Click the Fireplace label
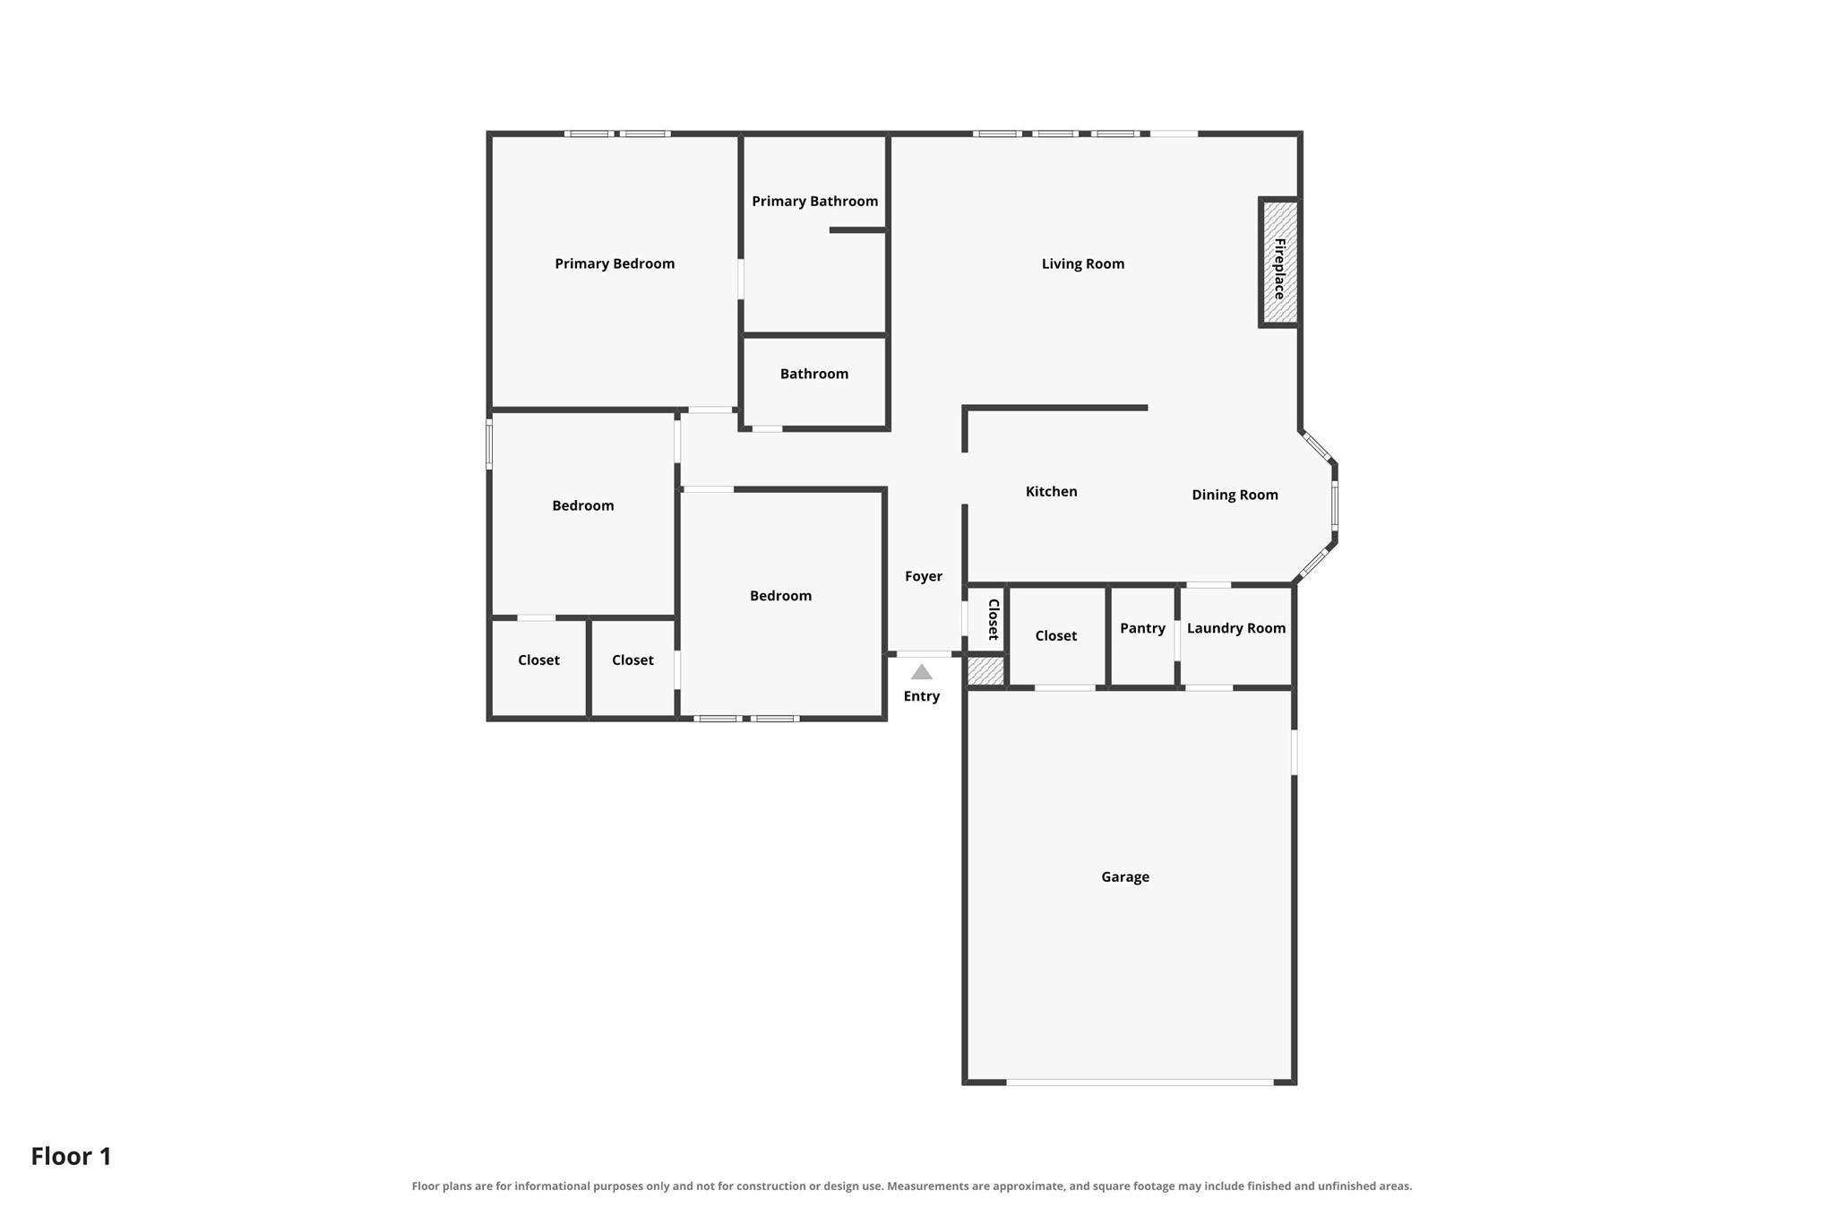pyautogui.click(x=1279, y=269)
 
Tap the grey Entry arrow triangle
pyautogui.click(x=922, y=672)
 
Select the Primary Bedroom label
pyautogui.click(x=615, y=263)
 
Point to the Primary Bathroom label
pyautogui.click(x=815, y=202)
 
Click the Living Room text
pyautogui.click(x=1083, y=264)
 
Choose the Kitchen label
pyautogui.click(x=1052, y=491)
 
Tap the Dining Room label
pyautogui.click(x=1235, y=495)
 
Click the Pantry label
pyautogui.click(x=1143, y=628)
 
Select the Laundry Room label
pyautogui.click(x=1236, y=628)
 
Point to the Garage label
pyautogui.click(x=1125, y=877)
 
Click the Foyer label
pyautogui.click(x=924, y=577)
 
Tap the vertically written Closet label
pyautogui.click(x=994, y=619)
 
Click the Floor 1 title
pyautogui.click(x=72, y=1156)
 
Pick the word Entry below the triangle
pyautogui.click(x=922, y=696)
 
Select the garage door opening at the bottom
pyautogui.click(x=1140, y=1082)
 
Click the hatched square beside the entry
pyautogui.click(x=985, y=671)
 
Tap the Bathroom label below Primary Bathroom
pyautogui.click(x=814, y=374)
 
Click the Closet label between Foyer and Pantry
pyautogui.click(x=1056, y=636)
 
